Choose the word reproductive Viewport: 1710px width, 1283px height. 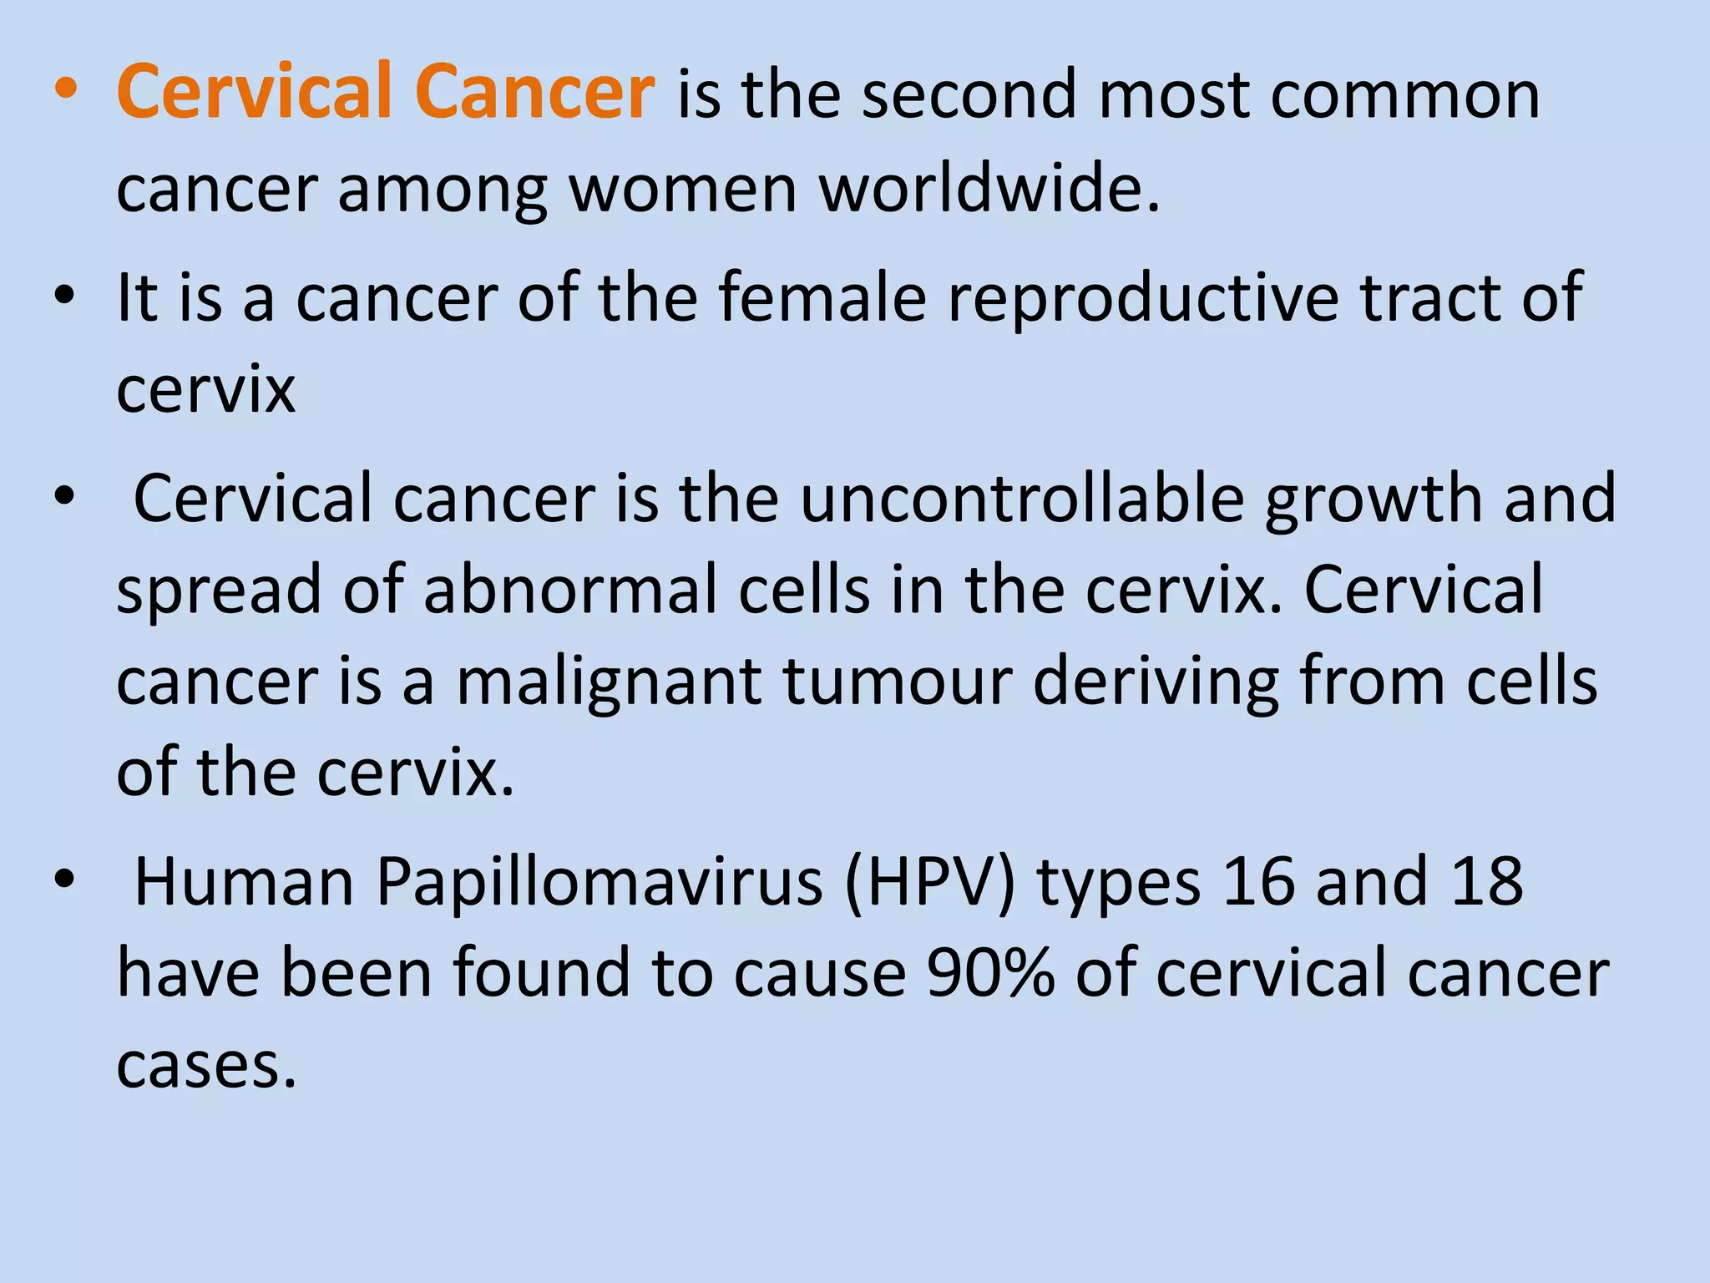pyautogui.click(x=1143, y=298)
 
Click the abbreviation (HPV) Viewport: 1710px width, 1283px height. pyautogui.click(x=930, y=882)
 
